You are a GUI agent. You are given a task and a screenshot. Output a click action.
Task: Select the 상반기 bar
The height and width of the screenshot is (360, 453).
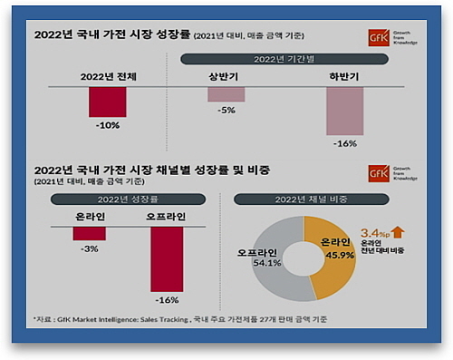pos(226,93)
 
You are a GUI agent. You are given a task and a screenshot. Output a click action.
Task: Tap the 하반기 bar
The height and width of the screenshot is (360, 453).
pos(345,111)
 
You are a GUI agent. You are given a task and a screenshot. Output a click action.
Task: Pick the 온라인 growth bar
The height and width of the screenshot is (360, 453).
pos(89,233)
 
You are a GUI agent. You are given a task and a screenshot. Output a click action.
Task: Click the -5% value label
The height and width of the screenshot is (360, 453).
pos(226,110)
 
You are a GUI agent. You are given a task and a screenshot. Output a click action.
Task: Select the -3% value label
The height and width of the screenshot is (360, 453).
pos(89,248)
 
